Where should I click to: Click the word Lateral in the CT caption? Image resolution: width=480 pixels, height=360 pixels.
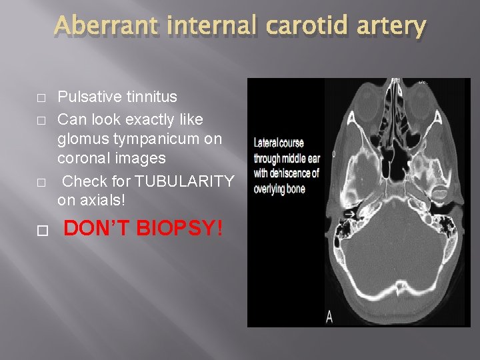pos(266,143)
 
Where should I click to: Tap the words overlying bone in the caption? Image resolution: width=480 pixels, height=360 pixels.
pos(279,189)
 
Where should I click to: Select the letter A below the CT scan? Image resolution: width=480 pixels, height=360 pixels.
pos(329,317)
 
